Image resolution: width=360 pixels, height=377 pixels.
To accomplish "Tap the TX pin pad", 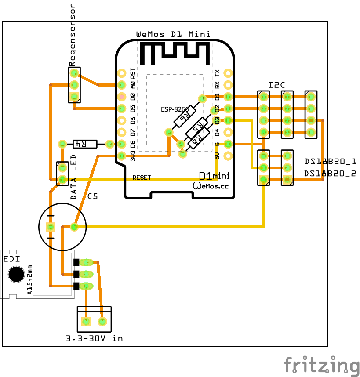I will coord(228,72).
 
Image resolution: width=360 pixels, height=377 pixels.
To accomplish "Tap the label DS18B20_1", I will coord(331,161).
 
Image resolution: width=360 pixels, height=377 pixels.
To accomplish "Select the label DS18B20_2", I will coord(331,174).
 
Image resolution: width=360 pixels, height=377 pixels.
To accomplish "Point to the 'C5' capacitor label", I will coord(93,196).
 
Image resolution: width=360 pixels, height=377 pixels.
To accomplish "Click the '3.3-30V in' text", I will coord(94,338).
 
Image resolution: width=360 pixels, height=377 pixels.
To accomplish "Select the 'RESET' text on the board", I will coord(142,178).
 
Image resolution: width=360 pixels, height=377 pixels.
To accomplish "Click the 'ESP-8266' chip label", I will coord(174,109).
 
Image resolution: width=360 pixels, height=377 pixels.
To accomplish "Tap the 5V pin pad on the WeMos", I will coord(228,155).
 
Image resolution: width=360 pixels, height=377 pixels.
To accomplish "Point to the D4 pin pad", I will coord(228,132).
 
